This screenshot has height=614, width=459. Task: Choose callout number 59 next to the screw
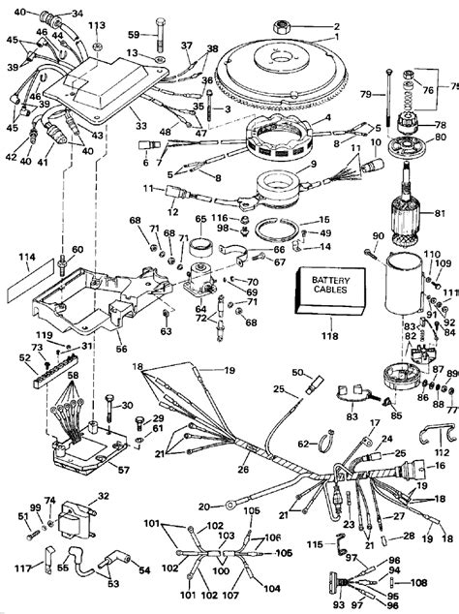pyautogui.click(x=134, y=36)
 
